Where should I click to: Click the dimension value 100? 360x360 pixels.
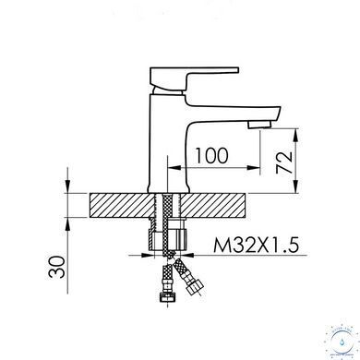[211, 155]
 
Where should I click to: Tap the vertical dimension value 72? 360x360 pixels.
[284, 162]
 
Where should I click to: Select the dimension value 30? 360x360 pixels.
[57, 267]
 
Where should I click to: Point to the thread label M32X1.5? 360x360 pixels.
[256, 246]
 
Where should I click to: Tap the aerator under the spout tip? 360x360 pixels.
[260, 125]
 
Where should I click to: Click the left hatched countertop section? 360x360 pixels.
[122, 205]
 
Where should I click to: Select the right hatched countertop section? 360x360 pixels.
[214, 205]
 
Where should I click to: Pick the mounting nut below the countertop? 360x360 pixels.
[168, 238]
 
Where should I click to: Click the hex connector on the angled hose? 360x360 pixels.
[195, 286]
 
